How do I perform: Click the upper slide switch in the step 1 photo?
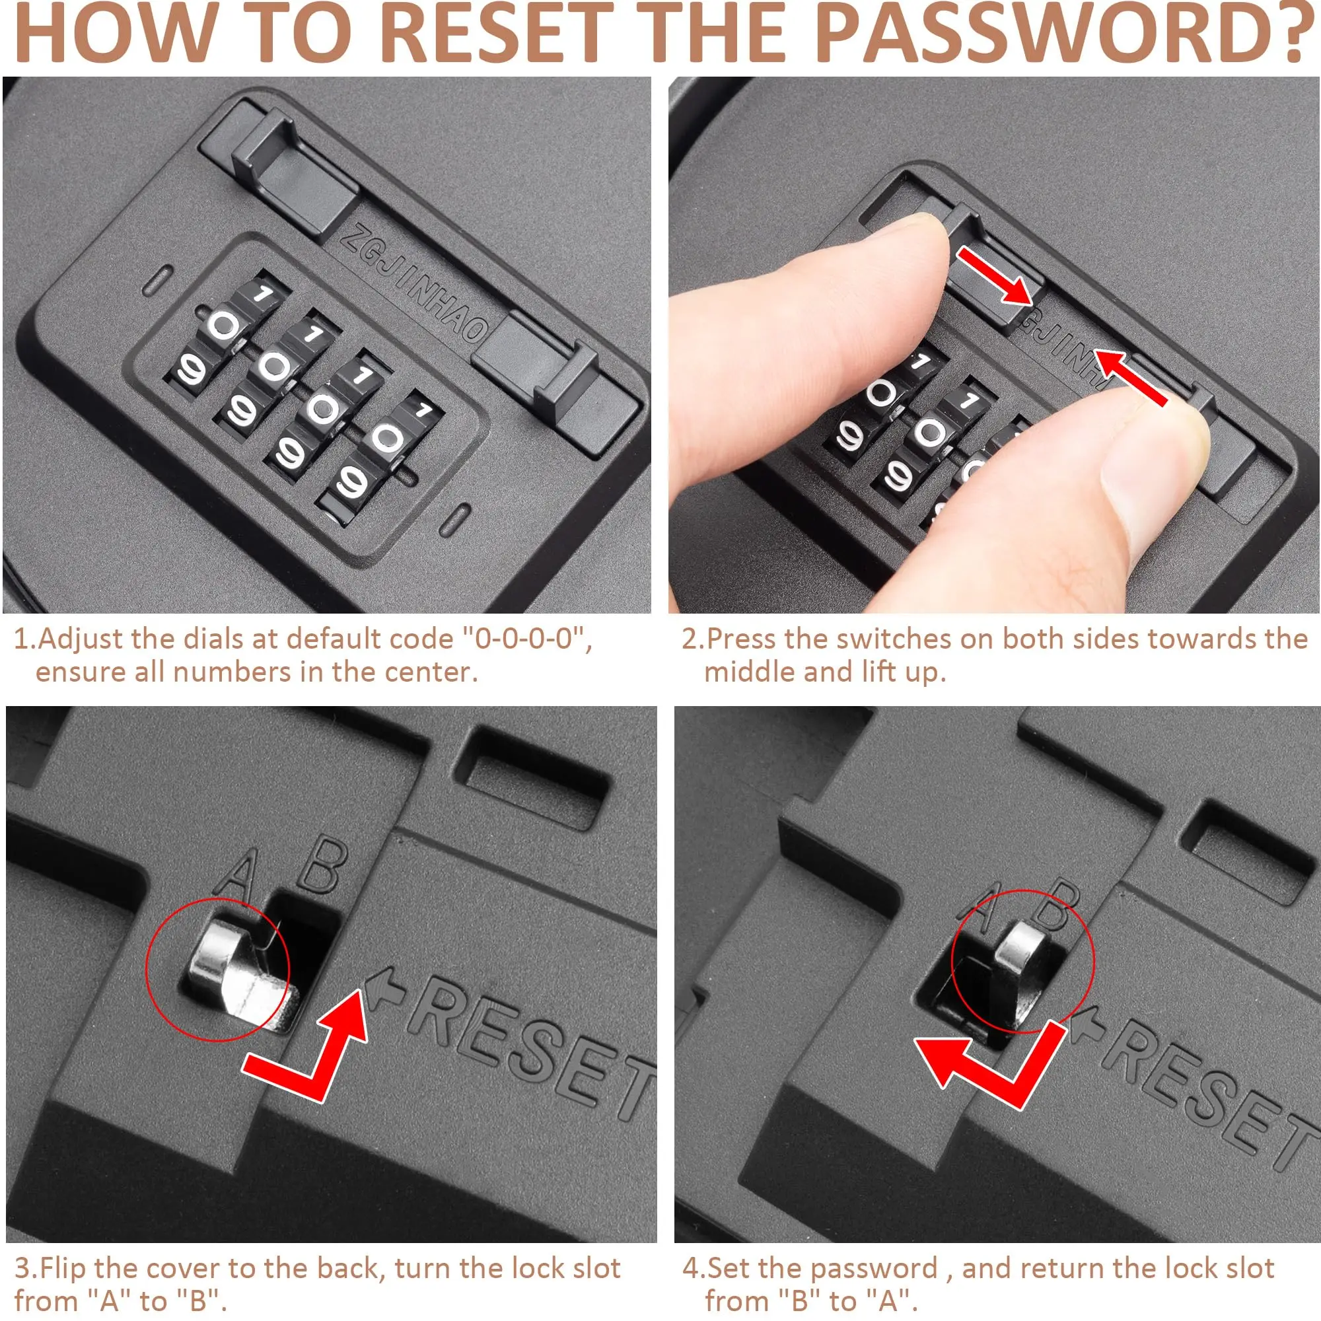[294, 171]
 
